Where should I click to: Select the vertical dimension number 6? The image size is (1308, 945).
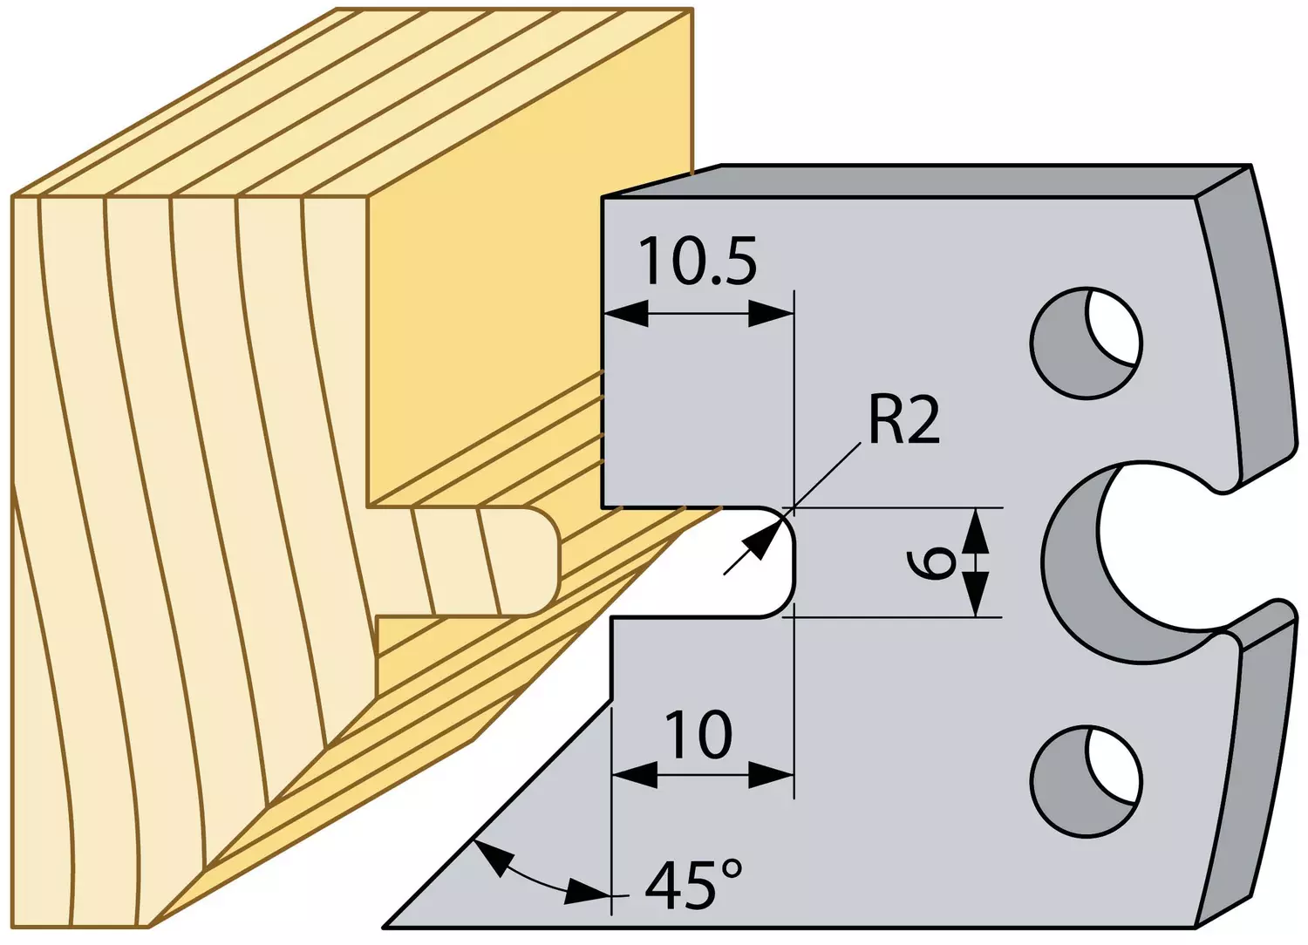931,562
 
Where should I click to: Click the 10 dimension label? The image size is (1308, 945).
698,735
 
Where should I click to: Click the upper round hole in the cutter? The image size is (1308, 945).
1087,343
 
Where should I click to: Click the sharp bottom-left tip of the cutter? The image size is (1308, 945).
385,927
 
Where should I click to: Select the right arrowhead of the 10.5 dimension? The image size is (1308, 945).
771,315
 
